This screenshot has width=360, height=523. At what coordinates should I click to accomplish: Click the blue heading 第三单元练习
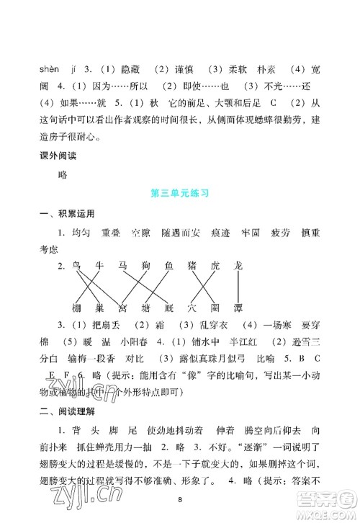pos(179,193)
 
